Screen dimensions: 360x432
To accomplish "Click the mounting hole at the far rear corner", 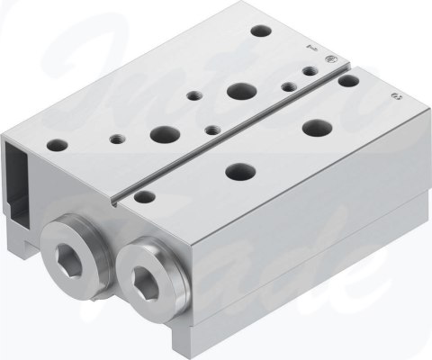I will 260,31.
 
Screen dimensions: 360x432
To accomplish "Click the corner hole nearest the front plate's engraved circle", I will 348,81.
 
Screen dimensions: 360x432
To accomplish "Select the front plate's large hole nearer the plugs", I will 238,168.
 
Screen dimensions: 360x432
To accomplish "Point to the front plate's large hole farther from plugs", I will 316,127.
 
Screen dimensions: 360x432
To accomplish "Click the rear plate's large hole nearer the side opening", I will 164,134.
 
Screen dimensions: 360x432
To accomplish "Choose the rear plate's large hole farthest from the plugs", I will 240,90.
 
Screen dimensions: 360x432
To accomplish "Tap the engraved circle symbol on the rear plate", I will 330,61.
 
